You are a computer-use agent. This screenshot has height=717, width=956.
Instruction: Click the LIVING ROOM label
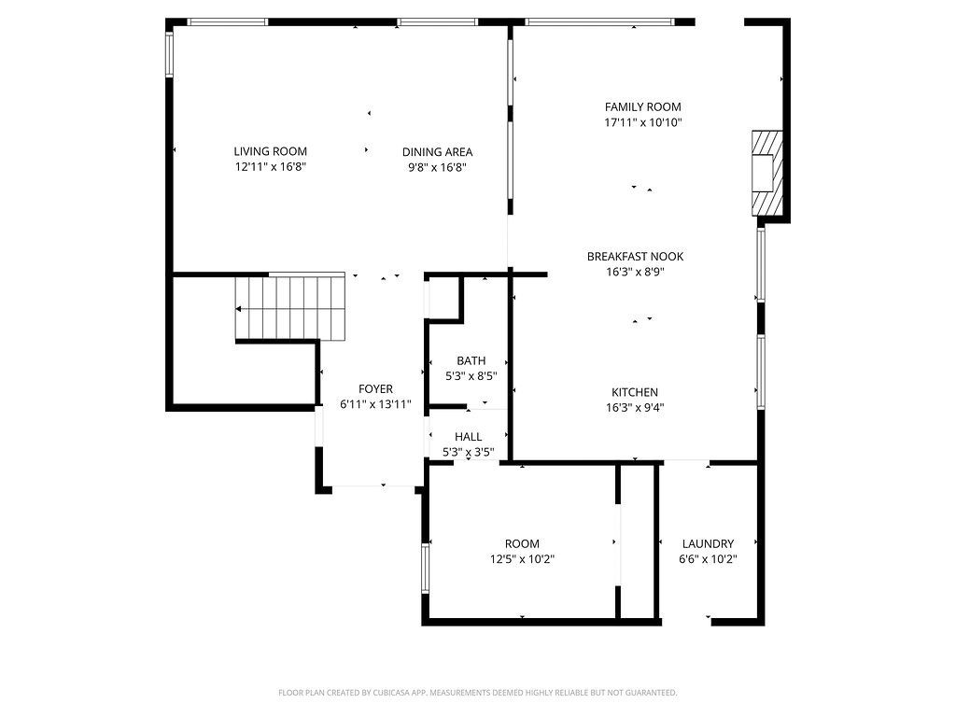coord(270,151)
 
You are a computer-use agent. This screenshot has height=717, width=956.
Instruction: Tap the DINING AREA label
coord(437,152)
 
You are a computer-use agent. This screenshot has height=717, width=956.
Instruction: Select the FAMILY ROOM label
coord(642,106)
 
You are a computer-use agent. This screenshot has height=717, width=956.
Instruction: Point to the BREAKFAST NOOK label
coord(635,257)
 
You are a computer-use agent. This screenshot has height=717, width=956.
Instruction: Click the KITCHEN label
coord(635,393)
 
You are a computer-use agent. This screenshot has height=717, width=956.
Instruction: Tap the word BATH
coord(471,361)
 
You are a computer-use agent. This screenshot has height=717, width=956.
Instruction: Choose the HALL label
coord(469,437)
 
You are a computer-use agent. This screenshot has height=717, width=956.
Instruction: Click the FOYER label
coord(375,389)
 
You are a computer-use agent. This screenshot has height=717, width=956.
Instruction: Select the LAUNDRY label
coord(708,544)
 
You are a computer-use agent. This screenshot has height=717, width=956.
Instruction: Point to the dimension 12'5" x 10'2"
coord(522,559)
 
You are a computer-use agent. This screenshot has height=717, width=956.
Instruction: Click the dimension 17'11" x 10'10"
coord(642,122)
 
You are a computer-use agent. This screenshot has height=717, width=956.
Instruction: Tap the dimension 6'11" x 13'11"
coord(375,404)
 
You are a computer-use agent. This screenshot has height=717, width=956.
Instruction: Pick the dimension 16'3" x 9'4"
coord(635,408)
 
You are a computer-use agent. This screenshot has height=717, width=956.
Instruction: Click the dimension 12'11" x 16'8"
coord(270,167)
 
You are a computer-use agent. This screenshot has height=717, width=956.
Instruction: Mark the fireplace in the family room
coord(767,173)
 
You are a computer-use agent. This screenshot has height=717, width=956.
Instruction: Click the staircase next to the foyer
coord(290,308)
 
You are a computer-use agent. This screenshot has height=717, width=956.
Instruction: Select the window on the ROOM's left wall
coord(425,569)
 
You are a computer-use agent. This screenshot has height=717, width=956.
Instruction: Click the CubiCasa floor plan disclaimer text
coord(477,693)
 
